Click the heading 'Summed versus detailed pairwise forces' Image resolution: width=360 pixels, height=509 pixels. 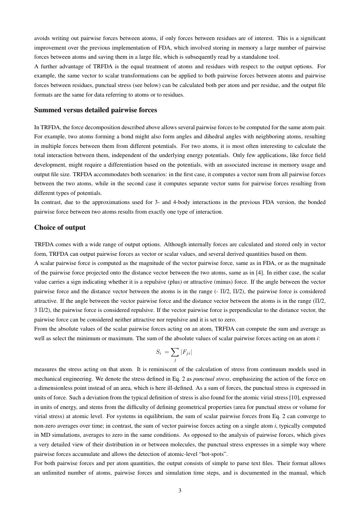[x=95, y=110]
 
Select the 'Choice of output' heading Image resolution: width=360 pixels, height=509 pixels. [x=60, y=227]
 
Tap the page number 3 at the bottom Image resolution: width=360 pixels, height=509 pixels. [x=180, y=491]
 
